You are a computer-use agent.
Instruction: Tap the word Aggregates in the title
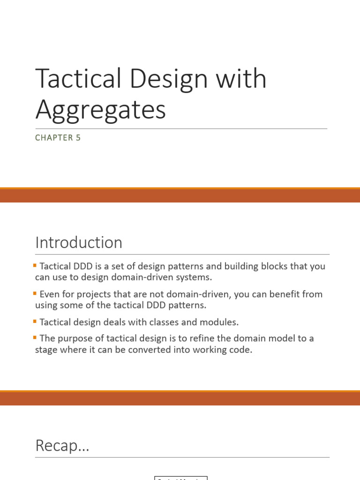100,110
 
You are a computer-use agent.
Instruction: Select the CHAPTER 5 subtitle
58,138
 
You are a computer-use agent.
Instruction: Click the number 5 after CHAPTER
78,138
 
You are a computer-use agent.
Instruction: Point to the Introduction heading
79,243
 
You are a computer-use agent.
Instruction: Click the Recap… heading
62,446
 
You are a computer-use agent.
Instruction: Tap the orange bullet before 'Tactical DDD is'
35,265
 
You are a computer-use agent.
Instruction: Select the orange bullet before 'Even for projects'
35,293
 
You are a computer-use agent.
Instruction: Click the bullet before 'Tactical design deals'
35,322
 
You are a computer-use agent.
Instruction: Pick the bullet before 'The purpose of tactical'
35,337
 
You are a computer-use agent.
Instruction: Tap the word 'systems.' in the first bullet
195,277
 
